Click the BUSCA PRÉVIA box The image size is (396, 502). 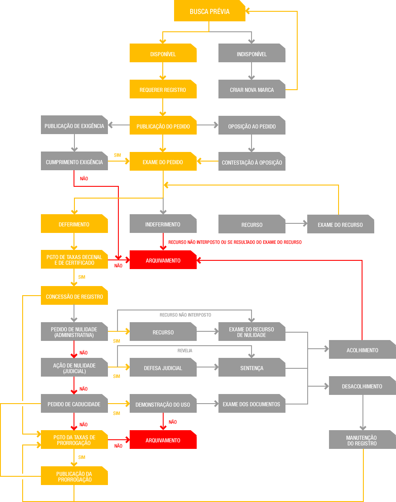[x=209, y=11]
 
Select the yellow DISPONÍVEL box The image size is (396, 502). [x=163, y=53]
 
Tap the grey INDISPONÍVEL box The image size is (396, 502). [x=252, y=53]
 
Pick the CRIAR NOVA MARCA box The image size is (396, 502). [x=252, y=89]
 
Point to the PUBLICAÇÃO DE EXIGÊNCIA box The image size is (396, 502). [x=74, y=125]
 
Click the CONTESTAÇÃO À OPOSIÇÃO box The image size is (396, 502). [x=252, y=162]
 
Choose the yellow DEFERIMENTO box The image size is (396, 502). [x=74, y=223]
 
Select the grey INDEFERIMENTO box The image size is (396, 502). [x=163, y=223]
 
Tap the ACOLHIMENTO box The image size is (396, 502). [x=362, y=349]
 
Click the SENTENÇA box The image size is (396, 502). [x=252, y=367]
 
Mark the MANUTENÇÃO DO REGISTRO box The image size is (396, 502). [x=362, y=440]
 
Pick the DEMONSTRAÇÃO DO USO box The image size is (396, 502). [x=163, y=404]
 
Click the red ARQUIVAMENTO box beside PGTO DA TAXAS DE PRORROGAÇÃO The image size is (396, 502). [x=163, y=440]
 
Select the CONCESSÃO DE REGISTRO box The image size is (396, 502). [x=74, y=296]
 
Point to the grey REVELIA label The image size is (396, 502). [x=185, y=350]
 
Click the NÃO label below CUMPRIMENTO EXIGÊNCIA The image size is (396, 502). [x=84, y=179]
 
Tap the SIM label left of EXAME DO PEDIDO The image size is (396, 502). [x=117, y=155]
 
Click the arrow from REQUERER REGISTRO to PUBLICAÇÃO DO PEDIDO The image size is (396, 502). [x=163, y=107]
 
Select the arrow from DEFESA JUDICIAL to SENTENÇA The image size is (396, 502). [x=208, y=367]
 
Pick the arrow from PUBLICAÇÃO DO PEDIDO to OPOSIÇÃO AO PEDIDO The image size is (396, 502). [x=208, y=125]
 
